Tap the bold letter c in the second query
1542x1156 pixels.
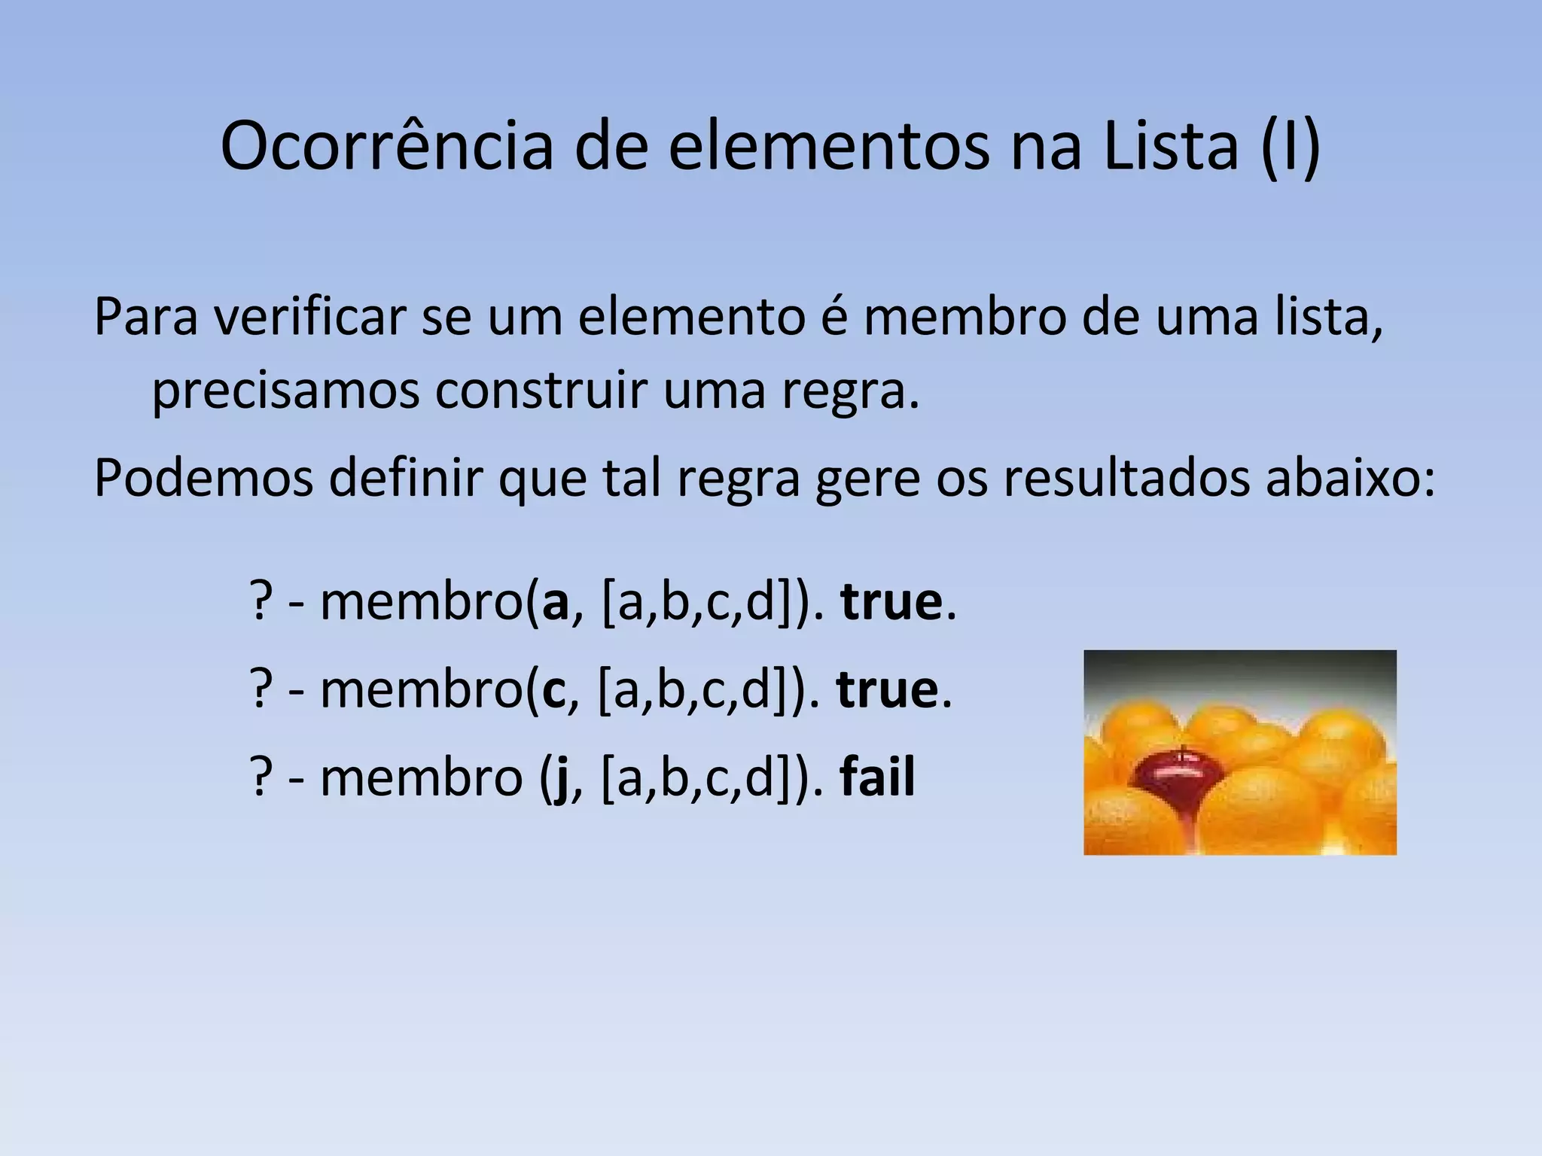[553, 690]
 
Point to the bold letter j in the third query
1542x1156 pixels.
[557, 779]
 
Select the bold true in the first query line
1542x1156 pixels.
[891, 603]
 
